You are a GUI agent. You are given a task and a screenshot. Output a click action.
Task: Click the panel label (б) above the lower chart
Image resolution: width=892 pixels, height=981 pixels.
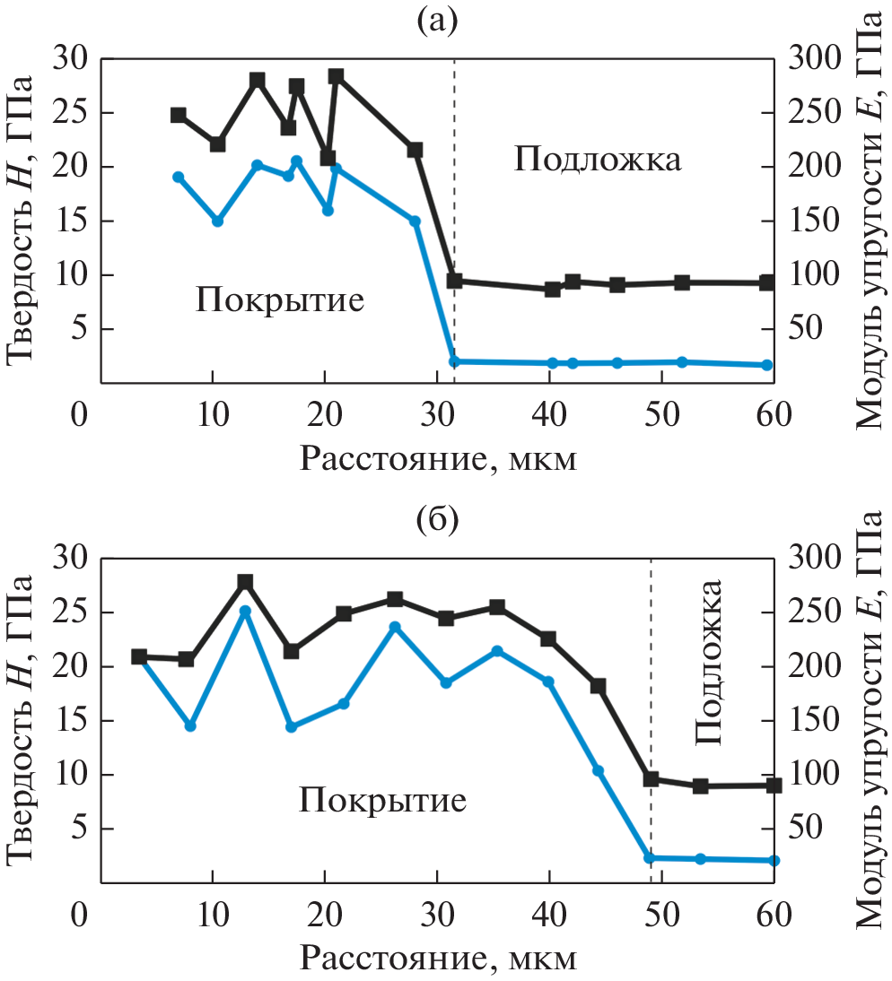click(438, 519)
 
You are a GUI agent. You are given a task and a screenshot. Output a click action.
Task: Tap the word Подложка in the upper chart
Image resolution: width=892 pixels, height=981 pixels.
click(598, 161)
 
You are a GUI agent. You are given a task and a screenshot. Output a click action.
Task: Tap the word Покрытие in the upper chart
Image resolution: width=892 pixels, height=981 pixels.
click(280, 299)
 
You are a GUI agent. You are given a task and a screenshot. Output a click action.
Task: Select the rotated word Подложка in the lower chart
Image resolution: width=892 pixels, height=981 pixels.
click(709, 664)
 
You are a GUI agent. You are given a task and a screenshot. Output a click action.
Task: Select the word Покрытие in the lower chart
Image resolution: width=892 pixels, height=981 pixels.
click(383, 799)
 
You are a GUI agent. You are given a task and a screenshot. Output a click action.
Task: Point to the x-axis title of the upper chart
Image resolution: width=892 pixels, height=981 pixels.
click(437, 459)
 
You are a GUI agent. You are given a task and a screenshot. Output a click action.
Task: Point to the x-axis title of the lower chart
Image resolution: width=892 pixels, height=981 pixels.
click(437, 959)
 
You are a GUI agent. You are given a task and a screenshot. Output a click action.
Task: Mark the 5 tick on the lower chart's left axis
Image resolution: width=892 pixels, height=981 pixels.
click(71, 829)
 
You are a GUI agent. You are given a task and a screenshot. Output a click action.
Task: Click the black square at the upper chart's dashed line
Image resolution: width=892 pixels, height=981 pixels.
click(455, 281)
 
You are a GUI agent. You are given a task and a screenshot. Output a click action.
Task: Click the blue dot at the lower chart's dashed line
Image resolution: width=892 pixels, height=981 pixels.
click(651, 858)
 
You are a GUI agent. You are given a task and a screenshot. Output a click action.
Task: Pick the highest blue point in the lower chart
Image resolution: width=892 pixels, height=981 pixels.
click(245, 612)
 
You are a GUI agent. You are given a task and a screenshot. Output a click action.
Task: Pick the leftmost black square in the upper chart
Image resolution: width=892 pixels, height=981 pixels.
click(179, 115)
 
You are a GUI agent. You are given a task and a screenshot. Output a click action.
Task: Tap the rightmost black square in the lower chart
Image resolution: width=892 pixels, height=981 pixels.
click(774, 785)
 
